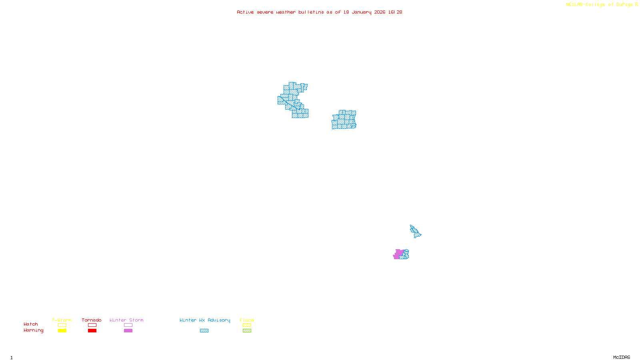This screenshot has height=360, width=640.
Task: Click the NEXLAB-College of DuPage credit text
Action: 600,5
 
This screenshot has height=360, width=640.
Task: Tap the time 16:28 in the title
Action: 395,12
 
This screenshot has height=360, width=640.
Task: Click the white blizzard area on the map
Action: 282,92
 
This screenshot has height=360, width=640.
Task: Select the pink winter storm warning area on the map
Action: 398,254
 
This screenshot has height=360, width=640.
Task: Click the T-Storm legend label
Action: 62,320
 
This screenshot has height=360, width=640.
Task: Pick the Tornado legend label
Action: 92,320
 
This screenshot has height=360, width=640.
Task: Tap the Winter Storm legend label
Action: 126,320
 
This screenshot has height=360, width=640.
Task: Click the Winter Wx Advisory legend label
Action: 205,320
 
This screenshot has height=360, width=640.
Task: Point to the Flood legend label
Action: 247,320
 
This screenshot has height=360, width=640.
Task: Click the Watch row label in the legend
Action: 31,324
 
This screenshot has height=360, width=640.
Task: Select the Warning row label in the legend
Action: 34,330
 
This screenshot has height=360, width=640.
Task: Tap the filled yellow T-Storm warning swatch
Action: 62,331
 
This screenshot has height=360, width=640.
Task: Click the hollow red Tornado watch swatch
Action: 92,325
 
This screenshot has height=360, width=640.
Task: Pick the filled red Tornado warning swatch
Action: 92,331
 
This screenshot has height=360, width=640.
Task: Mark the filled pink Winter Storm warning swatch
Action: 128,331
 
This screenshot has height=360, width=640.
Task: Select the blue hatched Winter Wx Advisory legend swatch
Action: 204,331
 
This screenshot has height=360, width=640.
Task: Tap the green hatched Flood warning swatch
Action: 247,331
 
